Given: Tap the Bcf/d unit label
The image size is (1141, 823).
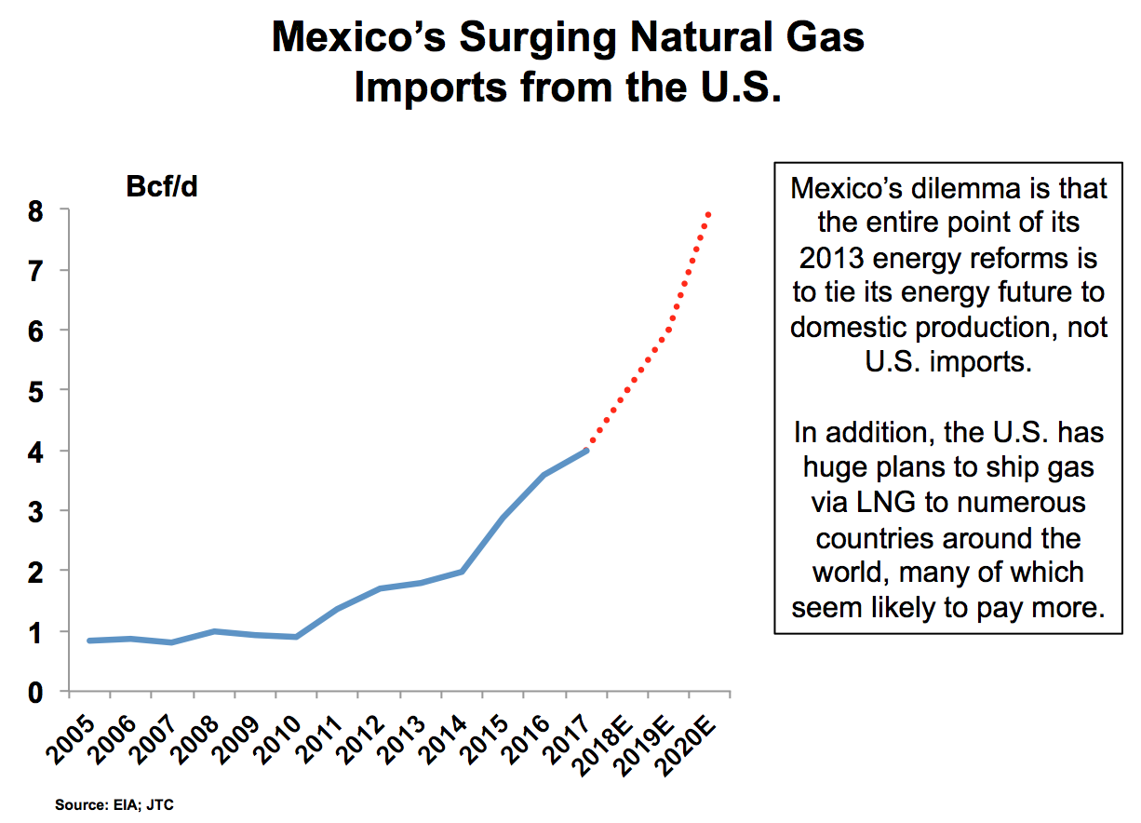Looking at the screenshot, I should coord(162,186).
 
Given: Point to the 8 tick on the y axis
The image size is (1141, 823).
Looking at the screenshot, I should coord(34,211).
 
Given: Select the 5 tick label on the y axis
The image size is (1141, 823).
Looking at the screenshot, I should coord(34,391).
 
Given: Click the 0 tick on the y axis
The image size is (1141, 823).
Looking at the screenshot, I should coord(34,692).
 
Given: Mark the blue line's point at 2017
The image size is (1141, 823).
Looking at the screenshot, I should coord(586,451).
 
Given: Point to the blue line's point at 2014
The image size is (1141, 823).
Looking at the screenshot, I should coord(462,571).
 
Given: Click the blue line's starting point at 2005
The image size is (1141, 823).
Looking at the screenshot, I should coord(89,641).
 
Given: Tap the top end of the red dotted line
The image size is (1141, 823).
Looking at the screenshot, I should coord(710,213).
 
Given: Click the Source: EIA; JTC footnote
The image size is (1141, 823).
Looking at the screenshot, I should coord(114,804).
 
